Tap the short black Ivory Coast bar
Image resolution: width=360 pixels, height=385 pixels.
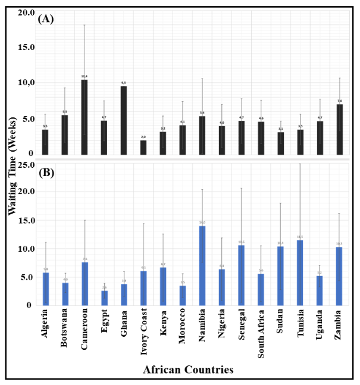tap(143, 148)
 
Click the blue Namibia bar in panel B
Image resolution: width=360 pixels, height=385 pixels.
tap(202, 265)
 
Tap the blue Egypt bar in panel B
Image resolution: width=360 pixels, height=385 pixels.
tap(104, 298)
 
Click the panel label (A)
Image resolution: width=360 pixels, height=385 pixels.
tap(46, 18)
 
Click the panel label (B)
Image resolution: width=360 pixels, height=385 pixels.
tap(46, 174)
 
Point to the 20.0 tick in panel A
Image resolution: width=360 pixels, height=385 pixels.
tap(26, 12)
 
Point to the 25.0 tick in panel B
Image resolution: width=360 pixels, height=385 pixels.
tap(26, 164)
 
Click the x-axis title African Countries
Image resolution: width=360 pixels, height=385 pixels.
tap(188, 370)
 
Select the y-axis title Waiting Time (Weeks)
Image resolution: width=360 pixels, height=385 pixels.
tap(12, 158)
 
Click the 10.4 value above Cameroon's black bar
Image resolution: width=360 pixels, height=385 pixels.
tap(84, 76)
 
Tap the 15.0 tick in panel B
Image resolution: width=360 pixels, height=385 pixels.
tap(26, 221)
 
